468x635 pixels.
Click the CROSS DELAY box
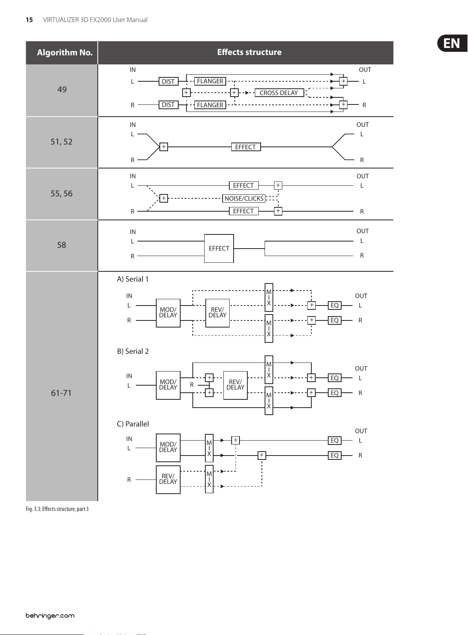click(x=279, y=93)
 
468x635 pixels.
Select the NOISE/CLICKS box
click(x=244, y=198)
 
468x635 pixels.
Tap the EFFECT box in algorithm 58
click(x=219, y=248)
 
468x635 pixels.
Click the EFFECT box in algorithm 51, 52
click(x=246, y=147)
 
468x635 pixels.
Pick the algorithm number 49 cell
click(x=62, y=90)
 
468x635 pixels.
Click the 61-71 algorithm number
click(x=61, y=393)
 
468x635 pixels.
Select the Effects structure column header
click(x=249, y=52)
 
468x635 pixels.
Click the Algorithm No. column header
click(x=65, y=53)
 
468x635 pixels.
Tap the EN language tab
click(x=452, y=43)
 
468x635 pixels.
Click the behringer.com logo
click(x=50, y=615)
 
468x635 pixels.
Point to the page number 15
click(x=29, y=20)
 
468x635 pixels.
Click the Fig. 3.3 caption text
click(x=57, y=509)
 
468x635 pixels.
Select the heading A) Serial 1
click(x=133, y=279)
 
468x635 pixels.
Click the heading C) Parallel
click(x=133, y=424)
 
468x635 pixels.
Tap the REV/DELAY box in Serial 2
click(x=235, y=385)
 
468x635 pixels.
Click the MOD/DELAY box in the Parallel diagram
click(x=168, y=448)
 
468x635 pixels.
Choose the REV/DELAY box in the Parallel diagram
click(x=168, y=479)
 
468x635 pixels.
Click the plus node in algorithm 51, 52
click(x=164, y=147)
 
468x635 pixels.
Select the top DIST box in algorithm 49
click(x=168, y=81)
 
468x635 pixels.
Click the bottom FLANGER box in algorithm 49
click(x=210, y=105)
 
